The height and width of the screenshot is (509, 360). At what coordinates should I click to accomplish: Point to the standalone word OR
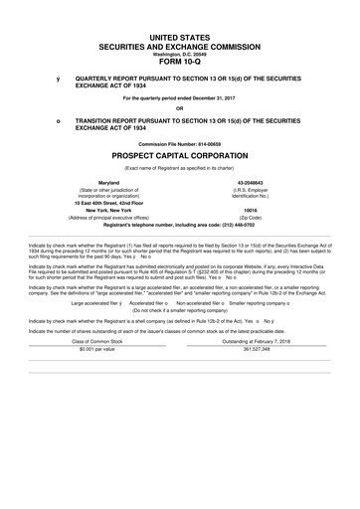(180, 108)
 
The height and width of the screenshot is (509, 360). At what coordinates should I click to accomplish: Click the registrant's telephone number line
(180, 226)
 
